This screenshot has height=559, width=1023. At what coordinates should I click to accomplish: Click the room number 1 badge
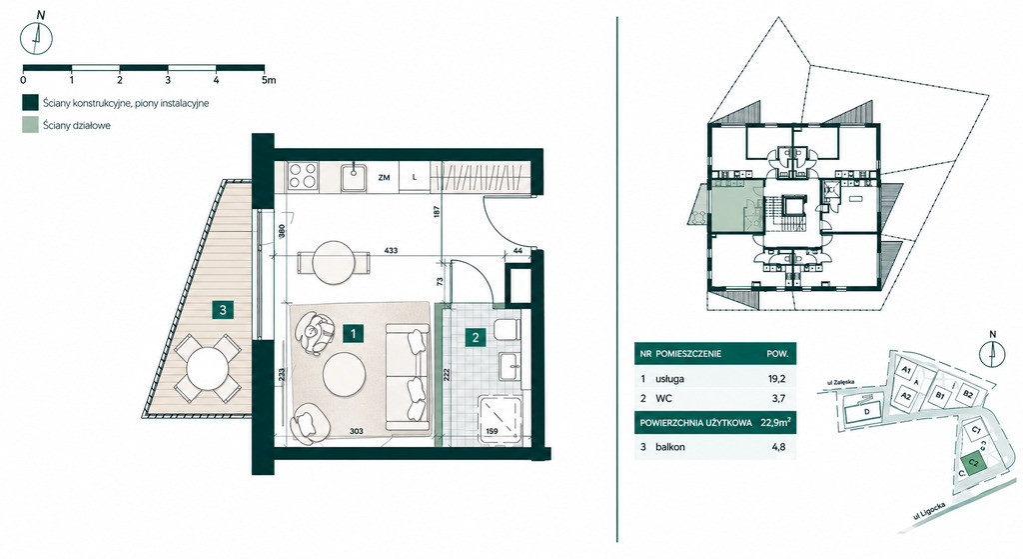coord(353,333)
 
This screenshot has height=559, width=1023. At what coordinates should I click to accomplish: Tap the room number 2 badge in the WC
coord(476,337)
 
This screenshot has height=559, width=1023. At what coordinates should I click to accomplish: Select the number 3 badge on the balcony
coord(223,310)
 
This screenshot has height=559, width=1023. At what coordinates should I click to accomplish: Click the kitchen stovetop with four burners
coord(303,176)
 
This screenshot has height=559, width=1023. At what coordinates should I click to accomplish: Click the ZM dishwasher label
coord(385,177)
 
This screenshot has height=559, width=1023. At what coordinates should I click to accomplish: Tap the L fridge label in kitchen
coord(415,177)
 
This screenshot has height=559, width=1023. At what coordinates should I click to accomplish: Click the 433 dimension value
coord(391,250)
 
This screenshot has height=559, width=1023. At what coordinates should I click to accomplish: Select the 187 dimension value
coord(438,212)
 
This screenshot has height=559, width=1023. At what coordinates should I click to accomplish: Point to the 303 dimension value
coord(356,431)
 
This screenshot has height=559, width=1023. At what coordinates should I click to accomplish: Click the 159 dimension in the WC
coord(492,431)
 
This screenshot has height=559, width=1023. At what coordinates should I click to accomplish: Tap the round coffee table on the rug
coord(345,374)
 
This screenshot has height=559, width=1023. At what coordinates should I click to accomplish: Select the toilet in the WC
coord(507,329)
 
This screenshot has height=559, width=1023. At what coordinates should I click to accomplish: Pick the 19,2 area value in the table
coord(777,379)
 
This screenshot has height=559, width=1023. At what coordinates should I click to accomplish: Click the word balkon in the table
coord(670,447)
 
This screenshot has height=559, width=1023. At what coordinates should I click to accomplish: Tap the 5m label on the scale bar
coord(268,80)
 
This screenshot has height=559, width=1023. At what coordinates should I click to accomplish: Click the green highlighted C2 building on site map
coord(973,462)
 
